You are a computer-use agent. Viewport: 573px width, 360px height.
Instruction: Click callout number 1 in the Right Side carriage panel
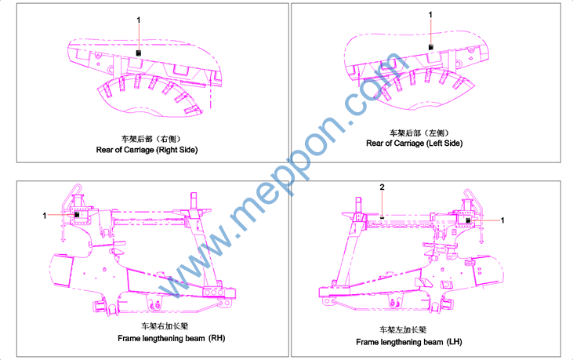pos(139,20)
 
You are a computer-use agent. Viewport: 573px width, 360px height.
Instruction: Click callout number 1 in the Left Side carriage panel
pos(430,15)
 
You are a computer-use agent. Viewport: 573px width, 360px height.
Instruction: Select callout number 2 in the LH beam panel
pos(382,187)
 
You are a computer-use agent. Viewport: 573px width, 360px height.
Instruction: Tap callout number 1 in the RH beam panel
pos(45,216)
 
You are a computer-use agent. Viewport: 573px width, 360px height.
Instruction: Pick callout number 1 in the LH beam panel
pos(502,220)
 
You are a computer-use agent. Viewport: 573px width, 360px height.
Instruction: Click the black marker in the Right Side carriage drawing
pos(139,53)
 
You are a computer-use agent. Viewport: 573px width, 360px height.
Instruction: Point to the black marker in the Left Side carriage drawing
pos(431,47)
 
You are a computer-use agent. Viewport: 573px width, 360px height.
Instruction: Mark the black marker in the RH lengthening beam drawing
pos(77,215)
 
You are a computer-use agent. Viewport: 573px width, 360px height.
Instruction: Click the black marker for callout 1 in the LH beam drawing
pos(468,220)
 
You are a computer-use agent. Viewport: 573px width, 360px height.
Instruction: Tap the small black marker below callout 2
pos(382,217)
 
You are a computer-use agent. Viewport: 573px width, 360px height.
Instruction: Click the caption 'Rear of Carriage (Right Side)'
pos(147,150)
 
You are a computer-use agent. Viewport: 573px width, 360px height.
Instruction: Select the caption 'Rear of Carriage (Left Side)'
pos(415,144)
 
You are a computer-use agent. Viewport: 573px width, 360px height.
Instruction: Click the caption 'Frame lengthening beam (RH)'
pos(172,339)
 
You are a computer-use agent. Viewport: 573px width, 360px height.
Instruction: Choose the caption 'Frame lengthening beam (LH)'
pos(409,342)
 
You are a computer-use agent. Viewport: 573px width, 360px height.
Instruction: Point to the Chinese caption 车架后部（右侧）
pos(151,139)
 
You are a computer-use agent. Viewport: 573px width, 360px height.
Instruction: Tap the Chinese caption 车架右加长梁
pos(165,326)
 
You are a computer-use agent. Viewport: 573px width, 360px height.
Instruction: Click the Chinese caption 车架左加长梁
pos(403,330)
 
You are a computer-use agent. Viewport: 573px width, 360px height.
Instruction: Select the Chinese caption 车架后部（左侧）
pos(419,133)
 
